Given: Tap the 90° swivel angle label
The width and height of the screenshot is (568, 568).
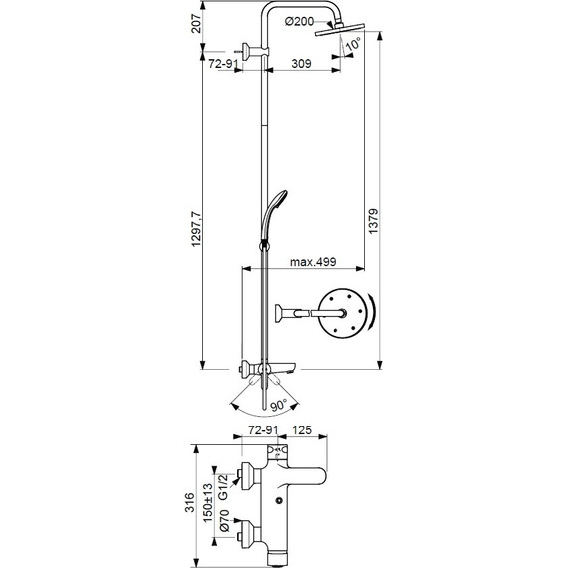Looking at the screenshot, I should pyautogui.click(x=277, y=406).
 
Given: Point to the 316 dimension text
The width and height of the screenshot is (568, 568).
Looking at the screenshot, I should pyautogui.click(x=194, y=503).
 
